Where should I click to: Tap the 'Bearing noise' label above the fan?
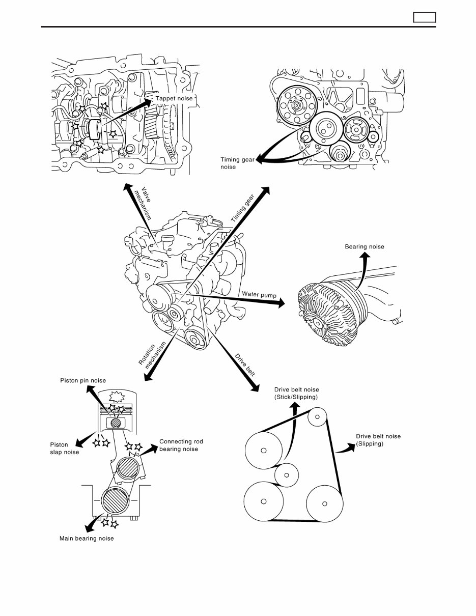point(365,247)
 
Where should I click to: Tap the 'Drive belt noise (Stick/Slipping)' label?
point(296,393)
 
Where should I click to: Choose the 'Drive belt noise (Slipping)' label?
point(378,440)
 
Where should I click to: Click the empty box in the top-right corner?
point(424,17)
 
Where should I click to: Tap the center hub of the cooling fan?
point(317,322)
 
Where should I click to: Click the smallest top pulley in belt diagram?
point(317,417)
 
